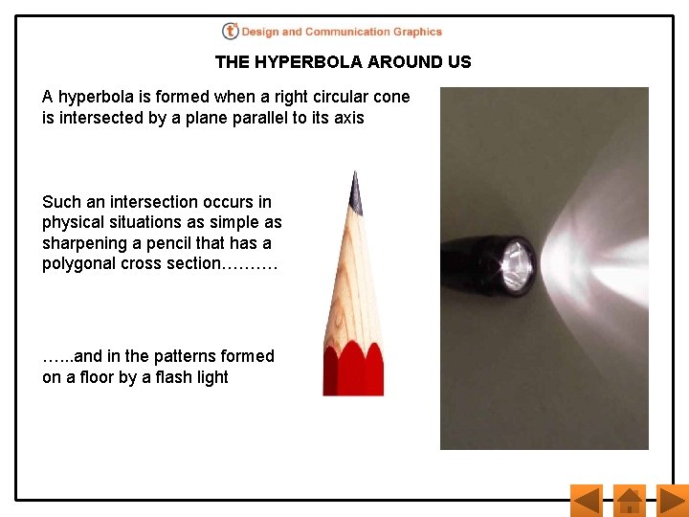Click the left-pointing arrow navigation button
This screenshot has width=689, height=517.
(x=586, y=500)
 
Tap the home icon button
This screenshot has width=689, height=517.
(x=629, y=500)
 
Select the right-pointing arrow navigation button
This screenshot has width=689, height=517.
(x=673, y=500)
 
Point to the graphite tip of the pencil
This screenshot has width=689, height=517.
(x=355, y=191)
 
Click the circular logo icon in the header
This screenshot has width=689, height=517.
(x=230, y=32)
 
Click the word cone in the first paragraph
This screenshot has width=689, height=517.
(x=392, y=97)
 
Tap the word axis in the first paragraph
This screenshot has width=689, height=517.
(x=348, y=118)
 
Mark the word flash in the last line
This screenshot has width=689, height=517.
(x=172, y=377)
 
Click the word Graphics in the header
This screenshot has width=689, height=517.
(x=417, y=32)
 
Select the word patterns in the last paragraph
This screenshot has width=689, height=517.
(x=163, y=356)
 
